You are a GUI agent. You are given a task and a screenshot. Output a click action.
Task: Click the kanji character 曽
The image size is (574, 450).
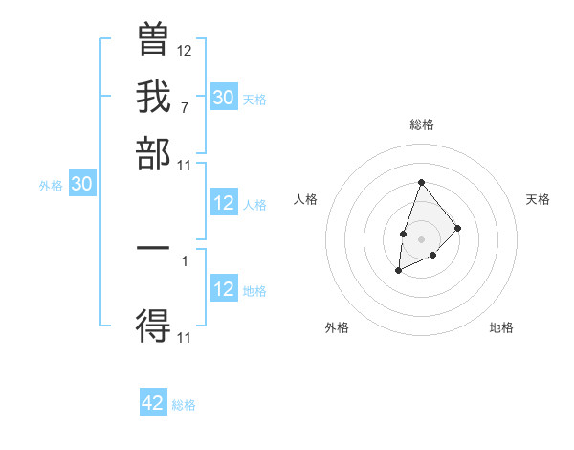pos(153,42)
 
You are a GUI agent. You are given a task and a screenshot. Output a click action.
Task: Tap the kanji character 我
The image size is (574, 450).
pos(153,97)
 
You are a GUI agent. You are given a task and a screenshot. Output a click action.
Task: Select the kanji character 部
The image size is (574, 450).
pos(153,153)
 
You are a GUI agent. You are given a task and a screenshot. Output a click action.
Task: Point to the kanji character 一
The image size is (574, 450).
pos(153,248)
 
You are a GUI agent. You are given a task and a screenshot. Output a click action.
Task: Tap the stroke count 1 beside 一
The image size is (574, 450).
pos(184,259)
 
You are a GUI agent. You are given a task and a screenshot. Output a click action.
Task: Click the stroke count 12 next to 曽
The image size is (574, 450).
pos(185,51)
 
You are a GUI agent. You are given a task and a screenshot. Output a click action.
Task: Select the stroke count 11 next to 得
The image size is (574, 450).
pos(185,337)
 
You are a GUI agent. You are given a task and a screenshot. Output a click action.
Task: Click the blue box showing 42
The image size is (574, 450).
pos(153,403)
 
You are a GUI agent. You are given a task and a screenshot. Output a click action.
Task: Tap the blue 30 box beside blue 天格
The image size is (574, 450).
pos(224,97)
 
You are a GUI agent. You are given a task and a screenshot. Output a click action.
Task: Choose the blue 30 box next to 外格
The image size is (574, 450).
pos(81,185)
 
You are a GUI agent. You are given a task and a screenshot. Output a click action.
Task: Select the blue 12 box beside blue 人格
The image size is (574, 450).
pos(224,203)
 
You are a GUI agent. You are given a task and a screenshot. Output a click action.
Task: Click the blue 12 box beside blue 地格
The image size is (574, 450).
pos(224,289)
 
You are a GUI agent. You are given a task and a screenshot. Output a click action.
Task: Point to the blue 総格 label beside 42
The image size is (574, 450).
pos(184,405)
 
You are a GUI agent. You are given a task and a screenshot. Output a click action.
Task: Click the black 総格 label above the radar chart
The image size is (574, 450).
pos(422,124)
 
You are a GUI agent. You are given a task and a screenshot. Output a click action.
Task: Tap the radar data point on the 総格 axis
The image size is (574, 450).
pos(421,182)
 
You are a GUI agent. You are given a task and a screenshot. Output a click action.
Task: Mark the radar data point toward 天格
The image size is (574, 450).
pos(458,228)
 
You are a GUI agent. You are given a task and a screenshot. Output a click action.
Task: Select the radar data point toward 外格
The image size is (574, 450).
pos(399,272)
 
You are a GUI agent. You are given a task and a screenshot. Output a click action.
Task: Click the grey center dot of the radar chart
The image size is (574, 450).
pos(421,237)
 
